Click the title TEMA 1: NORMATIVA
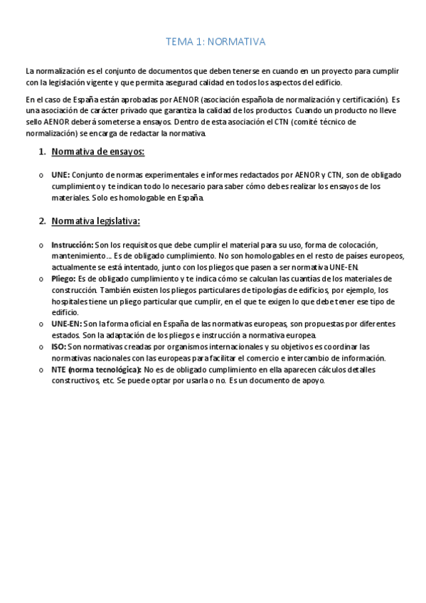tap(215, 42)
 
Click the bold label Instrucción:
tap(72, 245)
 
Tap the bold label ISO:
tap(59, 347)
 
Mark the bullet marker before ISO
tap(41, 348)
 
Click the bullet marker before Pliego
tap(41, 279)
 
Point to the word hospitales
tap(70, 301)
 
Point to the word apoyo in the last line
tap(311, 380)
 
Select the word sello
tap(34, 122)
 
